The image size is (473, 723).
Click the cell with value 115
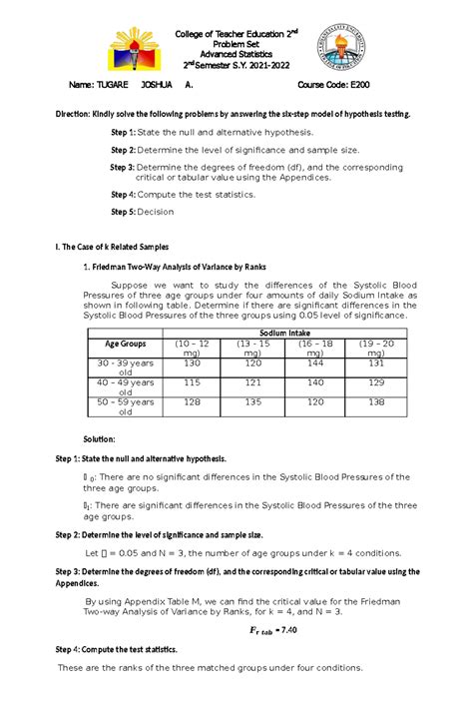[193, 382]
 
